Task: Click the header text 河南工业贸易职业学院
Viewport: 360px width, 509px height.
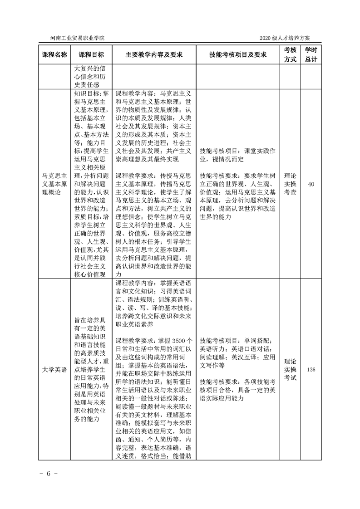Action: [x=77, y=38]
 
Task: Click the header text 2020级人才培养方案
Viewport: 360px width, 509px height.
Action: [x=289, y=38]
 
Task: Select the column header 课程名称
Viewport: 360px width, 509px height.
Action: [x=55, y=54]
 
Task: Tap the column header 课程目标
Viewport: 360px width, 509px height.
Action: [x=91, y=54]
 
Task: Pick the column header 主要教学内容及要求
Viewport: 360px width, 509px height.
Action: [x=154, y=54]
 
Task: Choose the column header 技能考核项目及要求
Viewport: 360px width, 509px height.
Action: [x=238, y=54]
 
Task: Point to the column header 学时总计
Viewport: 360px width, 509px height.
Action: [x=311, y=54]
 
